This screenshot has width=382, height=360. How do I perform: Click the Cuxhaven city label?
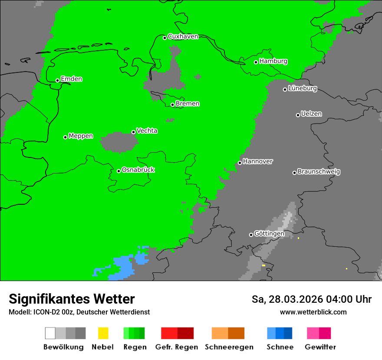point(183,36)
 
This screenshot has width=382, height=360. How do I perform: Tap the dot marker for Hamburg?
point(256,62)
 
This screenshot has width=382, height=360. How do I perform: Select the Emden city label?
point(71,79)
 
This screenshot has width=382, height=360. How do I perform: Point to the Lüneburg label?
point(302,88)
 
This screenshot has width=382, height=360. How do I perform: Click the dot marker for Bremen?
point(172,105)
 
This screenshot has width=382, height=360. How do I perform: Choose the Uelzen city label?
point(311,114)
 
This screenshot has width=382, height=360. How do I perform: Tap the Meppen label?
point(81,136)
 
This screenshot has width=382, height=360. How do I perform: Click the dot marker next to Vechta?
point(133,132)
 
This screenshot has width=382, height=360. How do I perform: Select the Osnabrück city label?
point(138,170)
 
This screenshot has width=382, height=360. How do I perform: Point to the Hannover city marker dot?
point(240,163)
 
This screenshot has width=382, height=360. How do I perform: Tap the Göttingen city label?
point(269,233)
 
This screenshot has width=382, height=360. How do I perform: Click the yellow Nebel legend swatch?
point(103,333)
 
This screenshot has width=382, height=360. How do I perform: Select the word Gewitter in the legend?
point(320,347)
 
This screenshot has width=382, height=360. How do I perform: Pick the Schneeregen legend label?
point(229,347)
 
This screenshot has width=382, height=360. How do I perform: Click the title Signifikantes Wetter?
point(72,299)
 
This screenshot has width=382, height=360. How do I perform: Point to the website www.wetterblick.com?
point(313,312)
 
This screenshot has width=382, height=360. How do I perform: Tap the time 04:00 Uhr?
point(344,299)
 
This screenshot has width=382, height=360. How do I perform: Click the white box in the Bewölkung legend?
point(50,333)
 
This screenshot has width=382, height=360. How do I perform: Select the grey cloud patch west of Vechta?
point(117,142)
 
